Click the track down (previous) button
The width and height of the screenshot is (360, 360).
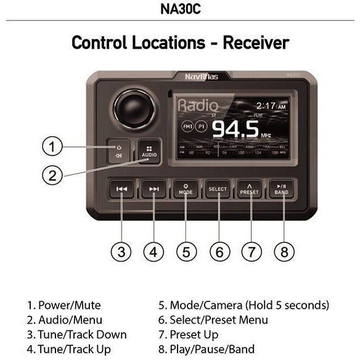122,189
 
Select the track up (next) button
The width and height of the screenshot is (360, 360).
153,189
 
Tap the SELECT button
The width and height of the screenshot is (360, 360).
217,189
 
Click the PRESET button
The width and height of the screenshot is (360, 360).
250,189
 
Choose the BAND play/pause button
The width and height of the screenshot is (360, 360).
281,189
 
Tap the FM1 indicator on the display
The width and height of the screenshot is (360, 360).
187,126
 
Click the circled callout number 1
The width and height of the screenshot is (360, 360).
53,147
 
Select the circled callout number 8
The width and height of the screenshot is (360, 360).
284,252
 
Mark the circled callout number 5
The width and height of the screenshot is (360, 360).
187,252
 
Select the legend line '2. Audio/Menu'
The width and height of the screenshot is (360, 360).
64,320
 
